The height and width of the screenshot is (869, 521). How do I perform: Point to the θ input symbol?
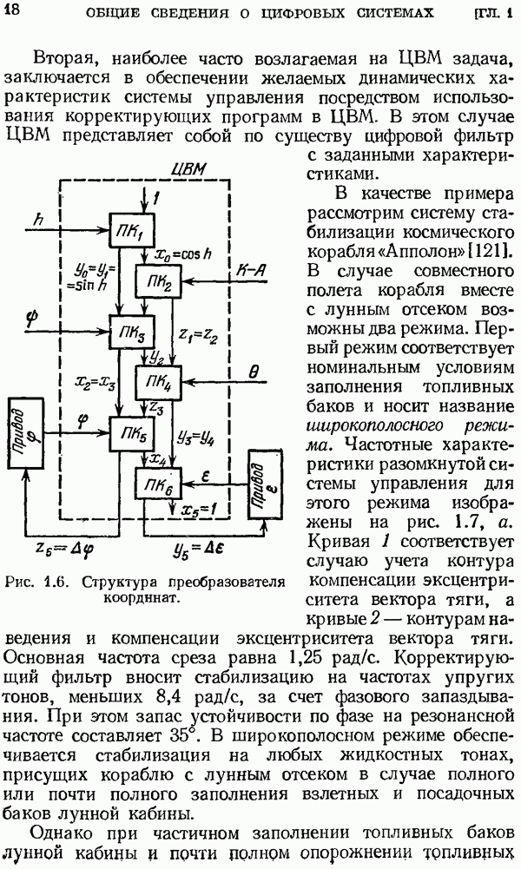point(254,372)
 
